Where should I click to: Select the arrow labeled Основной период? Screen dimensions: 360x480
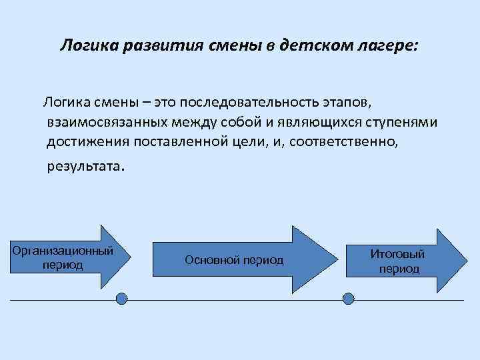pyautogui.click(x=227, y=259)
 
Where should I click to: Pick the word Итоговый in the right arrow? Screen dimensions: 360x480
pyautogui.click(x=398, y=254)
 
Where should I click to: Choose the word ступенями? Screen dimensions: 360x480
pyautogui.click(x=405, y=123)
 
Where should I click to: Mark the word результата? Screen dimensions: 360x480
pyautogui.click(x=84, y=166)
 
